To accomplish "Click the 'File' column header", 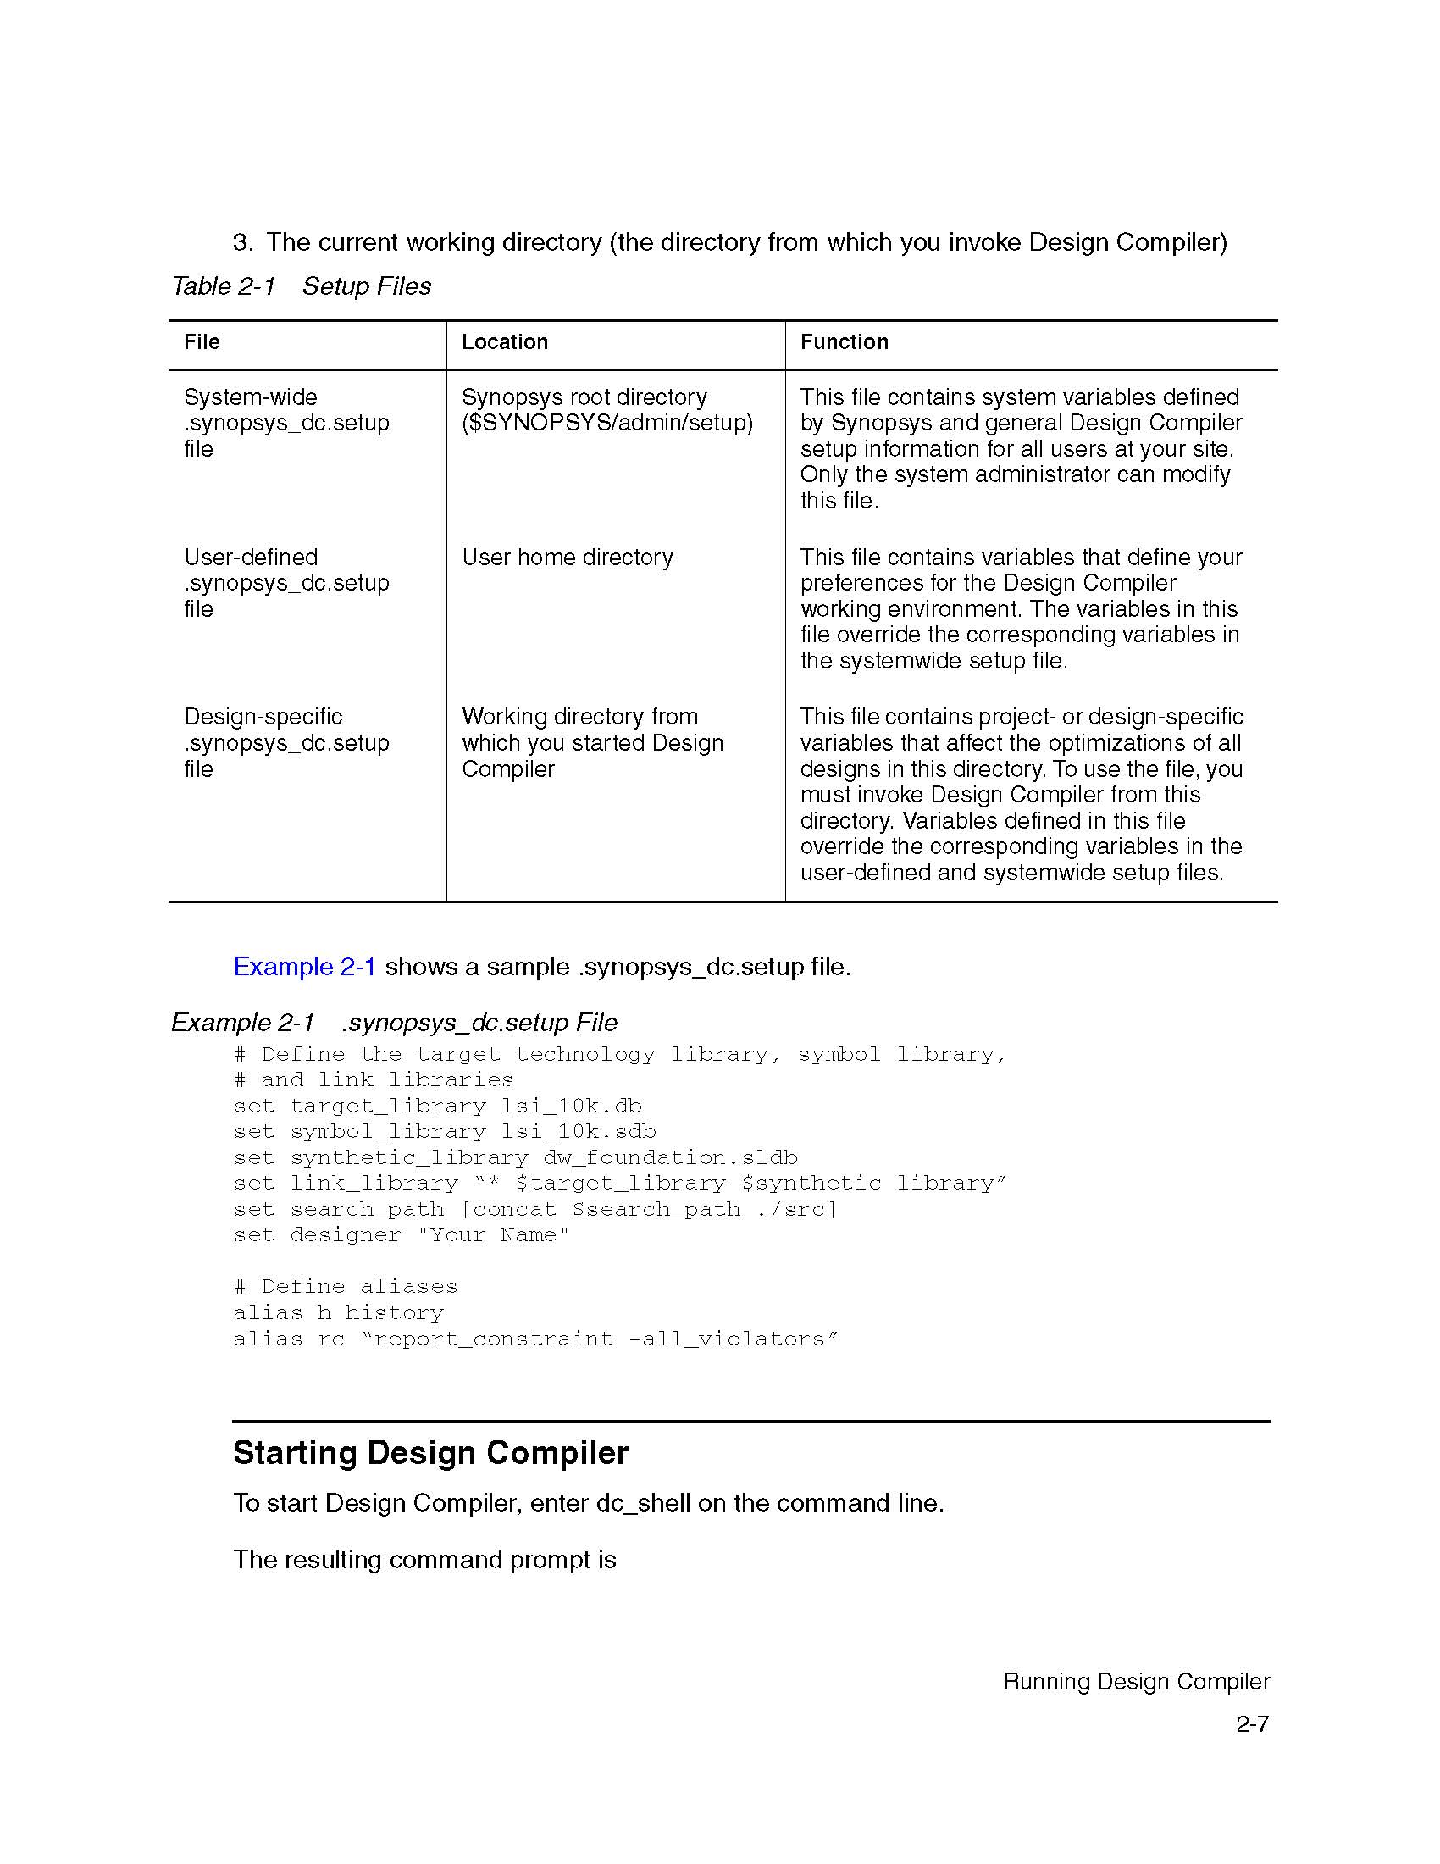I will click(x=202, y=342).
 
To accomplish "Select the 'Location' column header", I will click(x=504, y=342).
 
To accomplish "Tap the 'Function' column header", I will click(x=844, y=342).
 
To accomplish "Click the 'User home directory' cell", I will click(x=568, y=558).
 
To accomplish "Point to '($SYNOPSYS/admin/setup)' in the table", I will click(x=607, y=424).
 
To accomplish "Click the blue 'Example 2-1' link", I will click(x=305, y=967).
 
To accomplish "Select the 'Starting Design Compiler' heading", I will click(x=431, y=1453).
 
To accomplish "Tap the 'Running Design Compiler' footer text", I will click(x=1136, y=1682).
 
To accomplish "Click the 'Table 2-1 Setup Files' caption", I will click(x=302, y=286).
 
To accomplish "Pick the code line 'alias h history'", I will click(x=339, y=1312).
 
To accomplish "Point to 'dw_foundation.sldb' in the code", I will click(x=670, y=1158).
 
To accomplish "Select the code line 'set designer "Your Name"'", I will click(x=401, y=1235).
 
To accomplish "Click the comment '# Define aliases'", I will click(x=346, y=1287).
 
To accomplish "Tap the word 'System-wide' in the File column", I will click(x=251, y=397).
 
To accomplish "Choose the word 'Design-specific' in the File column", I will click(x=263, y=717).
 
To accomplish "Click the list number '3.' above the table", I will click(x=243, y=243).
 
